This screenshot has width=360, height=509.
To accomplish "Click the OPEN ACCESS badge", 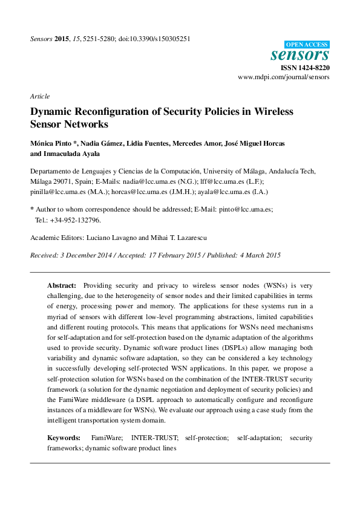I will coord(307,44).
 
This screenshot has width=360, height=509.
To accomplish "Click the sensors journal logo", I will coord(300,55).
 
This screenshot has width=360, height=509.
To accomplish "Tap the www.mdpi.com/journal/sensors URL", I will coord(284,78).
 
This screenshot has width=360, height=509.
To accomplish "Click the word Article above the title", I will coord(39,96).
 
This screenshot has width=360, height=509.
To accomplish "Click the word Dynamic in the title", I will coord(53,112).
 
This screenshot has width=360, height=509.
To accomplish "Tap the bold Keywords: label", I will coord(64,436).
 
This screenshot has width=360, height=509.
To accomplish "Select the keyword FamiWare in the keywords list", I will coord(107,436).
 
